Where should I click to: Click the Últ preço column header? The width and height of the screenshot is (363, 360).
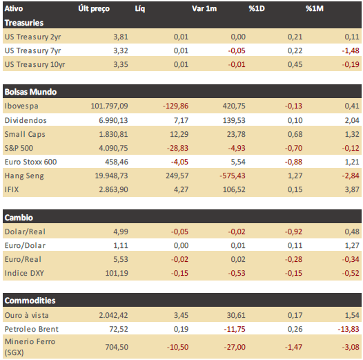pyautogui.click(x=94, y=9)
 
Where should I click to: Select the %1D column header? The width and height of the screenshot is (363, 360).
pyautogui.click(x=257, y=8)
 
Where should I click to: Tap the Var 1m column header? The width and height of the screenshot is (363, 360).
pyautogui.click(x=204, y=8)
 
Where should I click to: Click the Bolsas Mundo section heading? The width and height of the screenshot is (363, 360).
pyautogui.click(x=30, y=92)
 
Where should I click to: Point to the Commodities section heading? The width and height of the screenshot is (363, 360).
pyautogui.click(x=30, y=301)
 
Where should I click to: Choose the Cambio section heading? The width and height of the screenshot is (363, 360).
pyautogui.click(x=19, y=218)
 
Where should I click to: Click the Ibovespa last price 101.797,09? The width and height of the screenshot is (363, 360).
pyautogui.click(x=109, y=106)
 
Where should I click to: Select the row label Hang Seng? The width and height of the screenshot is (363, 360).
pyautogui.click(x=24, y=176)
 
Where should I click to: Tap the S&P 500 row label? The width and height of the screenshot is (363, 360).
pyautogui.click(x=19, y=148)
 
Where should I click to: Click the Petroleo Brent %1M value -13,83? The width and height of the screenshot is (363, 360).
pyautogui.click(x=349, y=329)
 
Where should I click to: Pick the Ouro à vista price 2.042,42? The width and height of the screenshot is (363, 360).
pyautogui.click(x=113, y=315)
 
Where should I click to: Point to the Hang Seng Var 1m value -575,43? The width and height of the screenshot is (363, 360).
pyautogui.click(x=233, y=176)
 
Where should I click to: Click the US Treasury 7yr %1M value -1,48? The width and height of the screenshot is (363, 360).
pyautogui.click(x=351, y=50)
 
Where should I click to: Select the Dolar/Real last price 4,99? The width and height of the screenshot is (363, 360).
pyautogui.click(x=121, y=231)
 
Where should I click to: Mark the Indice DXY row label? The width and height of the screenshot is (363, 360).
pyautogui.click(x=24, y=273)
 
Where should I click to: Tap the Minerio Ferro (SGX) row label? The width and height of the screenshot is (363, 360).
pyautogui.click(x=30, y=347)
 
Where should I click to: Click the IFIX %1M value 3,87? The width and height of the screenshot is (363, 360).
pyautogui.click(x=352, y=189)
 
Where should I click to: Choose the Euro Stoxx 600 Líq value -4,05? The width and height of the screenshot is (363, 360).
pyautogui.click(x=179, y=162)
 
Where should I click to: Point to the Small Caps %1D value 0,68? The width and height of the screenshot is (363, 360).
pyautogui.click(x=295, y=134)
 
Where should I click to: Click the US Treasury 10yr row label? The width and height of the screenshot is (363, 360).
pyautogui.click(x=35, y=64)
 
